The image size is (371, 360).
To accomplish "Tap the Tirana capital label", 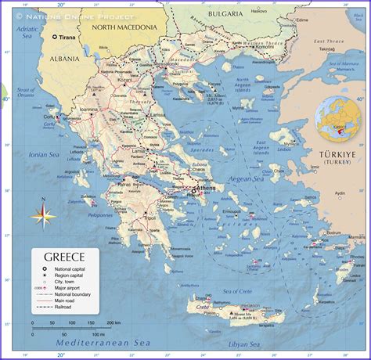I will click(67, 37).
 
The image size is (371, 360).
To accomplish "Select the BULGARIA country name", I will click(213, 13).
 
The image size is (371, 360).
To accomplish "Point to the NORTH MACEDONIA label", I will click(124, 27).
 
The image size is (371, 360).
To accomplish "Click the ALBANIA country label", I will click(46, 59).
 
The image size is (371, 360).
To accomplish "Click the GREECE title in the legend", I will click(64, 257).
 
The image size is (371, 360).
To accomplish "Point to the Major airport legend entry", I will click(68, 288).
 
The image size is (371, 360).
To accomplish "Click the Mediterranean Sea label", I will click(103, 342).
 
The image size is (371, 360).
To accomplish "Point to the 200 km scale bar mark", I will click(113, 322).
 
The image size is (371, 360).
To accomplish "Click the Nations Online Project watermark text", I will click(80, 16).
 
